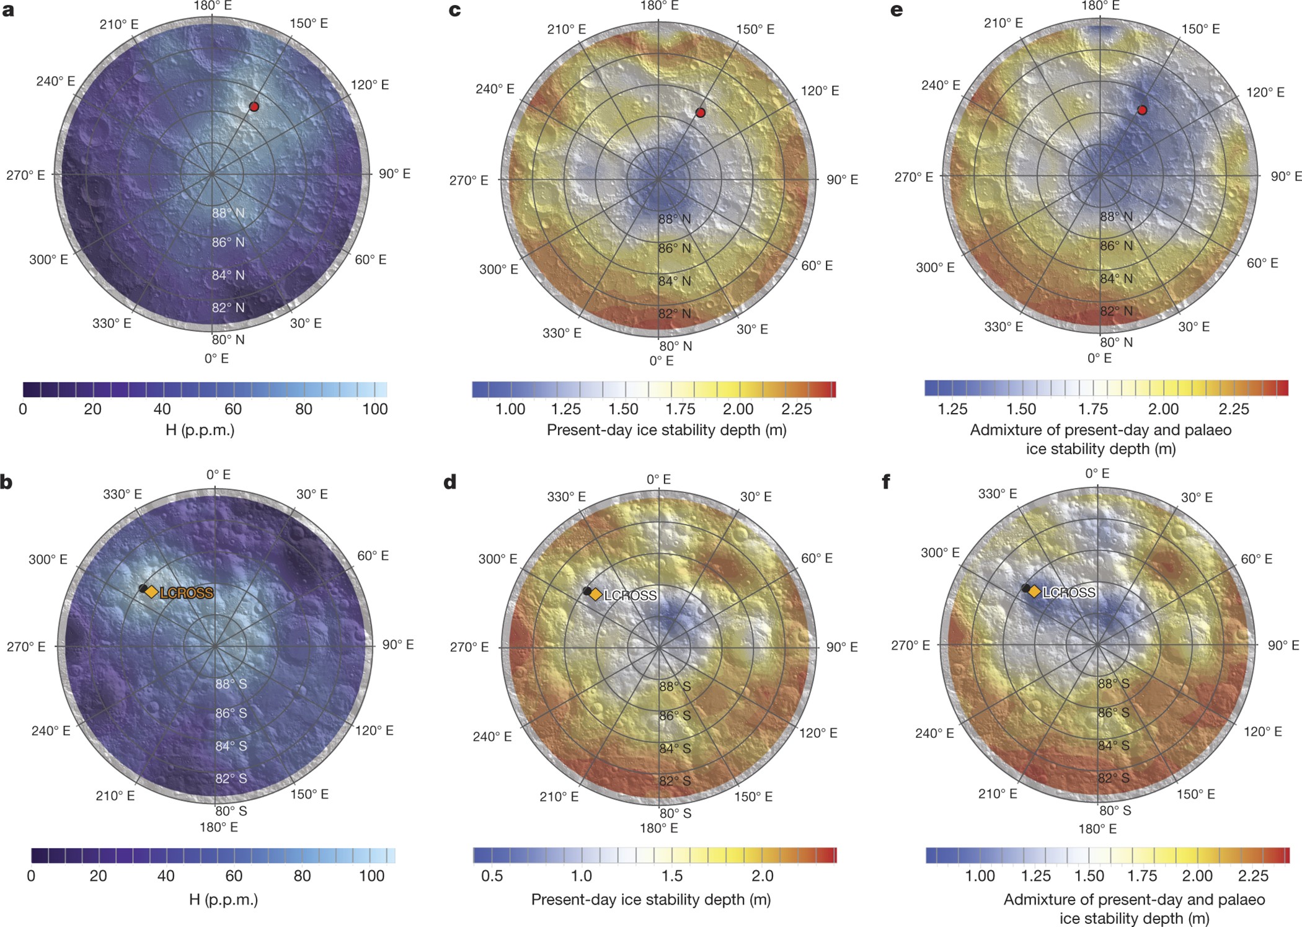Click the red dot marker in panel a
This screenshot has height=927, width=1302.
(254, 107)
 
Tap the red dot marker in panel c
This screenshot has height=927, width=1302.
(700, 113)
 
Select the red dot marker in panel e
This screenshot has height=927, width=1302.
(1141, 110)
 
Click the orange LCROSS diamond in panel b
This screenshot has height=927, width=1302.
(151, 592)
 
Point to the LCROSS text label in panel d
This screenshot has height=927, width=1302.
(630, 595)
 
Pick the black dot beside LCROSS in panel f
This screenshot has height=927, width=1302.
(1026, 588)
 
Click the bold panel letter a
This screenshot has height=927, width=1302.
(8, 11)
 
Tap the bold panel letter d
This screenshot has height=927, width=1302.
(450, 482)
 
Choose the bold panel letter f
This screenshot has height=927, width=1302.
(886, 481)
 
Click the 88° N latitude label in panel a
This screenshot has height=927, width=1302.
(228, 213)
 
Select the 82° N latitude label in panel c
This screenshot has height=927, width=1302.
(674, 313)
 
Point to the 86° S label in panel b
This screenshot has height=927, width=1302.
(231, 713)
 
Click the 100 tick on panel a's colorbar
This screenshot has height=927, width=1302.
(374, 409)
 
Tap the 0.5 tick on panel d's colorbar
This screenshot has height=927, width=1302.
(492, 876)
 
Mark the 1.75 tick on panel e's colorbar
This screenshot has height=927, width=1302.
(1092, 409)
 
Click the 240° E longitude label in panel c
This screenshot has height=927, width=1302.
(494, 89)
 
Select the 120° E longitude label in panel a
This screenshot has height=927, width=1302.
(370, 85)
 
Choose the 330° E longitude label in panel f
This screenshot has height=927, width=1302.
(997, 494)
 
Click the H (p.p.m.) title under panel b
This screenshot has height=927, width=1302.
(223, 899)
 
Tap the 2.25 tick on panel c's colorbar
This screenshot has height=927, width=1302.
(796, 409)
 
